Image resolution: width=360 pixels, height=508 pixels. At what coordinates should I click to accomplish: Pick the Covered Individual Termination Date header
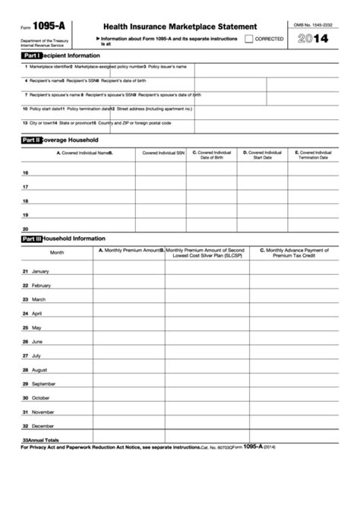313,154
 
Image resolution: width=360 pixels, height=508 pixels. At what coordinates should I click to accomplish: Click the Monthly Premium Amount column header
128,249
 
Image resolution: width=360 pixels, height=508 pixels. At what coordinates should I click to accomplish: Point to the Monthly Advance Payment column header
294,252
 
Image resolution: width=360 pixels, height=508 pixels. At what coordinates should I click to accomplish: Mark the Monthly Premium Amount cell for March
129,299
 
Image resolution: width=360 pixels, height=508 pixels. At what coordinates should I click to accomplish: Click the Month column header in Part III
57,252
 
